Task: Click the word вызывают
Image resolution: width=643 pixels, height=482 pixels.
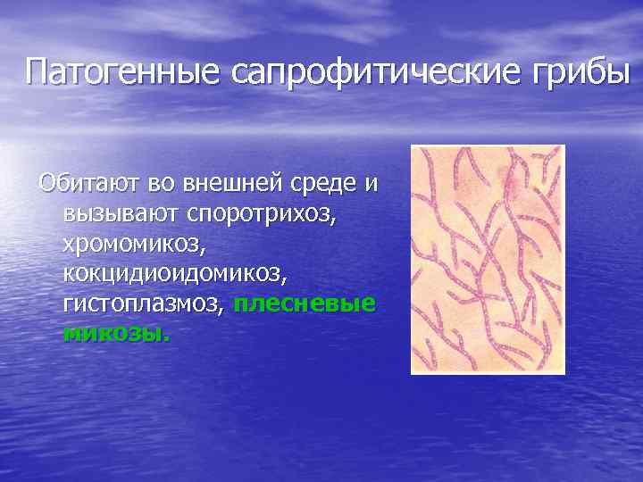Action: (x=121, y=214)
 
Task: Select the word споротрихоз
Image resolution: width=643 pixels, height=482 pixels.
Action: (x=259, y=214)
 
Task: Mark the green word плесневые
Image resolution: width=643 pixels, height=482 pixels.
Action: (x=304, y=303)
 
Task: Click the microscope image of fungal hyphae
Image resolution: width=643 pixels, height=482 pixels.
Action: (x=488, y=259)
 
